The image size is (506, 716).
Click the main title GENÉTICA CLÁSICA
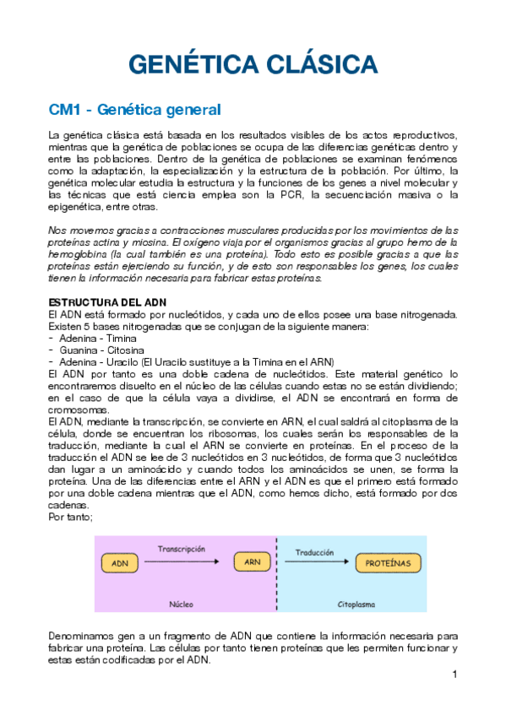pos(252,65)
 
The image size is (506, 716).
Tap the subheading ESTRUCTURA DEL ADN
pos(107,302)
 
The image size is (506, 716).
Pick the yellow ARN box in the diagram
pos(251,561)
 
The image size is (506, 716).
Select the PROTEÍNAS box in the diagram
pos(388,561)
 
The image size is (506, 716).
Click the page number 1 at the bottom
pos(454,675)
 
